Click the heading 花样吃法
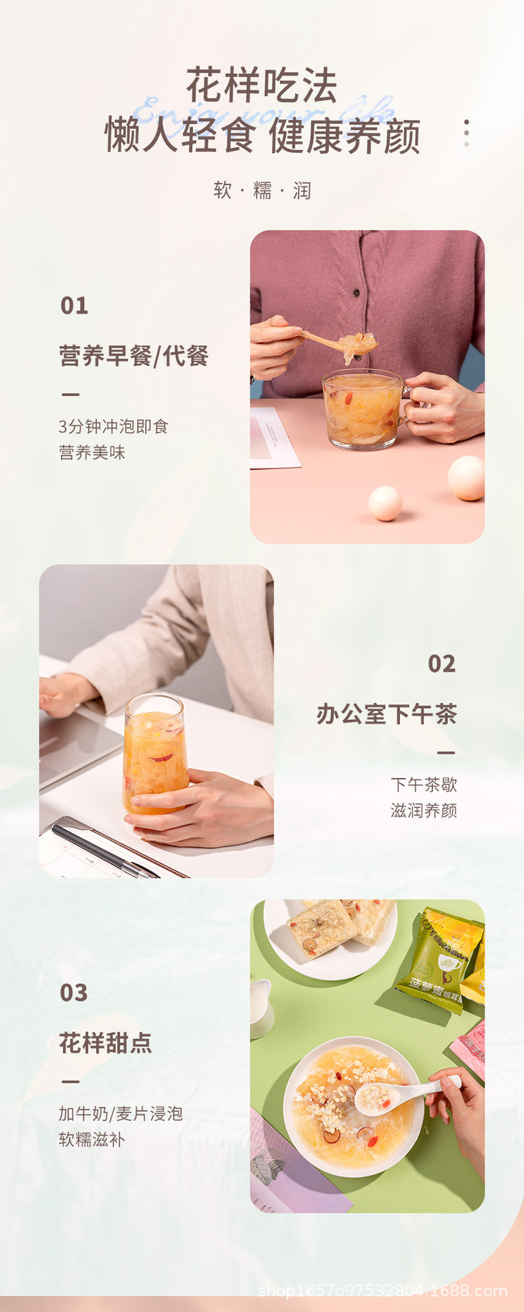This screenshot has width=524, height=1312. click(x=261, y=86)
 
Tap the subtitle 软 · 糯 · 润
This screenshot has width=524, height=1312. click(x=262, y=190)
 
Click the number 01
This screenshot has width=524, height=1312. click(x=74, y=306)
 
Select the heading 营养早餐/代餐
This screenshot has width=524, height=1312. click(x=134, y=355)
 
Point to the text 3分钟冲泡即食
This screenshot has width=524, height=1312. click(x=113, y=426)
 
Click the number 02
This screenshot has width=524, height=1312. click(x=441, y=664)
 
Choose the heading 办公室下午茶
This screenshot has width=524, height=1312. click(x=386, y=714)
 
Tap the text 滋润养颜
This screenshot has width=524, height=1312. click(x=424, y=810)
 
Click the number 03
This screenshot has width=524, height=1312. click(x=74, y=993)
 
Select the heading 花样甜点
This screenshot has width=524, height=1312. click(x=106, y=1043)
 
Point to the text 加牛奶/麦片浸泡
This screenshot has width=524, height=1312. click(x=121, y=1113)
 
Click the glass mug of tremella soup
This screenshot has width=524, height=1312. click(x=362, y=409)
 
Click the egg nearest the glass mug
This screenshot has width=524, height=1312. click(x=385, y=502)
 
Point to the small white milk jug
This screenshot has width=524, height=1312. click(x=260, y=1008)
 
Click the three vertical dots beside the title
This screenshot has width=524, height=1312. click(x=467, y=133)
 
